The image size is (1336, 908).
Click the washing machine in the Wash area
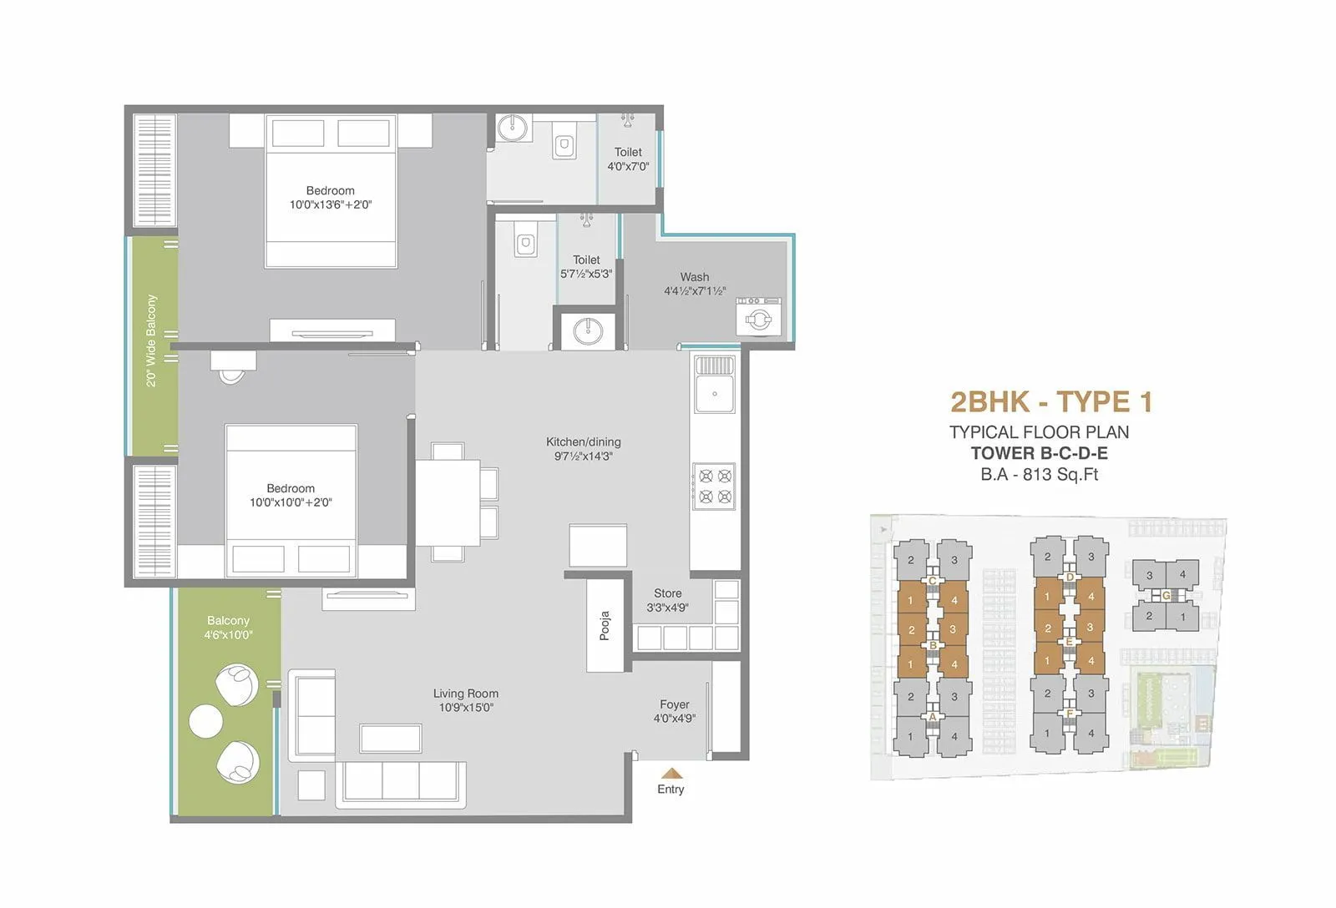(x=759, y=317)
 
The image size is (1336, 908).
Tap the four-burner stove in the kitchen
(x=715, y=486)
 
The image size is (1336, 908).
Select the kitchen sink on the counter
(x=715, y=394)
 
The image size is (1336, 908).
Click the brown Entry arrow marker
(x=671, y=773)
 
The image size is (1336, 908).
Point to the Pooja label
(x=605, y=626)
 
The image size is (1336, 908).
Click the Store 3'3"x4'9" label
(x=667, y=600)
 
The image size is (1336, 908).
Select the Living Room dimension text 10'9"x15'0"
(x=466, y=708)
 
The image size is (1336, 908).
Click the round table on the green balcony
(x=205, y=721)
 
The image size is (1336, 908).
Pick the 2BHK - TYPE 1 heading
(x=1051, y=402)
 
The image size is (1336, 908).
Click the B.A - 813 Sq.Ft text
(x=1039, y=475)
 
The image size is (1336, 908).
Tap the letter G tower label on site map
(x=1166, y=596)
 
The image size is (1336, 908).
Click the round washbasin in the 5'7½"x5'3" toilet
(x=588, y=330)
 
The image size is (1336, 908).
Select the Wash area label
(x=694, y=277)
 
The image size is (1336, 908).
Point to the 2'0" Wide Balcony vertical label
(x=151, y=340)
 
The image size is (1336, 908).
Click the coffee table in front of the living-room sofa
(x=390, y=739)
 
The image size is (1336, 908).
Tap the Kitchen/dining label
(x=583, y=442)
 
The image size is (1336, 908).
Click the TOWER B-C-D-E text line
(x=1039, y=453)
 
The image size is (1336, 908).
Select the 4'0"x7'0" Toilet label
(x=628, y=159)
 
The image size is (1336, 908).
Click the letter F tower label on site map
(x=1070, y=714)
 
